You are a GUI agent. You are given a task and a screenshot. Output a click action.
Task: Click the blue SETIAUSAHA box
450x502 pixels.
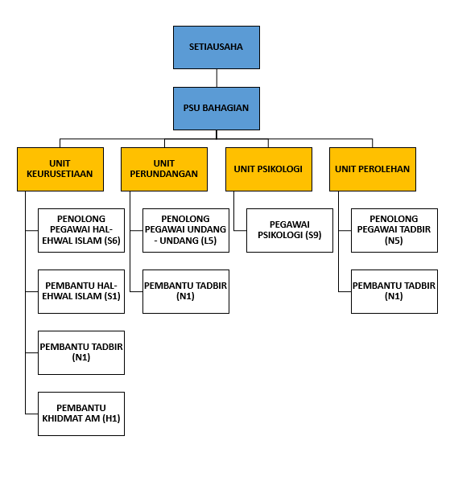click(x=217, y=47)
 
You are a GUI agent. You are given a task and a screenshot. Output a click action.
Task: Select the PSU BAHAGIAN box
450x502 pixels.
click(x=217, y=109)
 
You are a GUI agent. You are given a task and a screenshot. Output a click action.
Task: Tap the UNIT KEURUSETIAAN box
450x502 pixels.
click(x=60, y=170)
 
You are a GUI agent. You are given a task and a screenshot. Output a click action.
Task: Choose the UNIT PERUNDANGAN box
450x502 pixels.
click(x=164, y=170)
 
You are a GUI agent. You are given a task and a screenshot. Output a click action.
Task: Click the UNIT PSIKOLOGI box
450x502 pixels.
click(x=269, y=170)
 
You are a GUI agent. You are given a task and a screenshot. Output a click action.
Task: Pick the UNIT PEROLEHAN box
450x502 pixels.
click(x=373, y=170)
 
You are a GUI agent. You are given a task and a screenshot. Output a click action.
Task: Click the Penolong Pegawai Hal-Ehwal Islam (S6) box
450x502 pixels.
click(x=81, y=231)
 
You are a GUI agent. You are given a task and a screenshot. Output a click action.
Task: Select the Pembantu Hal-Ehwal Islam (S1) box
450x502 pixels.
click(x=81, y=292)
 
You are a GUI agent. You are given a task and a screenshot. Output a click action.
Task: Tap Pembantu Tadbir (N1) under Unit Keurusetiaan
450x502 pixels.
click(x=81, y=353)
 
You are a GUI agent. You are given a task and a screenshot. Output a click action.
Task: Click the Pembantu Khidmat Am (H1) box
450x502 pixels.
click(x=81, y=414)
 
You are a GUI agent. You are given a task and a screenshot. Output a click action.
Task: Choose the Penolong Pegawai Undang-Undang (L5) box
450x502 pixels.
click(x=186, y=231)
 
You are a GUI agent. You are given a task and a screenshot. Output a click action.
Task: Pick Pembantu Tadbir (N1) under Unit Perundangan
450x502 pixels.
click(x=186, y=292)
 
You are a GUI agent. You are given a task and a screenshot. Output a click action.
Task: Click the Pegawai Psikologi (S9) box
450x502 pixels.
click(x=290, y=231)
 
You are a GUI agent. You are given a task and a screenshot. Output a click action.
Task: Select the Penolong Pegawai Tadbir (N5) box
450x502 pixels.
click(x=394, y=231)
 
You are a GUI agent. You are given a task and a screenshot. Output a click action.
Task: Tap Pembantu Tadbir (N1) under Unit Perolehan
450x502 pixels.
click(x=394, y=292)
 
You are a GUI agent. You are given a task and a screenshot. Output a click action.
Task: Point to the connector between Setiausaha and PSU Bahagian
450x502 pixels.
click(x=217, y=78)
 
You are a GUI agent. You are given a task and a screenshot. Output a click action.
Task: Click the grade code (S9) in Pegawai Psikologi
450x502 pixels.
click(x=313, y=235)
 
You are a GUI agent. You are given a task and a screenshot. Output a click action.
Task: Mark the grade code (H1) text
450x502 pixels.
click(x=111, y=418)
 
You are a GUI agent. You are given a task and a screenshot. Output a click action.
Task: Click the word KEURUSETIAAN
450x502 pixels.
click(x=60, y=174)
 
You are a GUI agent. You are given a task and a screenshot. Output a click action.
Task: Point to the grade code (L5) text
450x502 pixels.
click(x=208, y=241)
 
